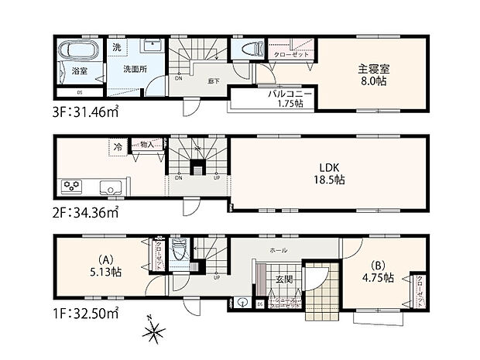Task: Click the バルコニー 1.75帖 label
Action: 290,98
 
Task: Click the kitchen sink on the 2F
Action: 109,187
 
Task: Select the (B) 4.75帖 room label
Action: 378,272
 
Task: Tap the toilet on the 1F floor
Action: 179,250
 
